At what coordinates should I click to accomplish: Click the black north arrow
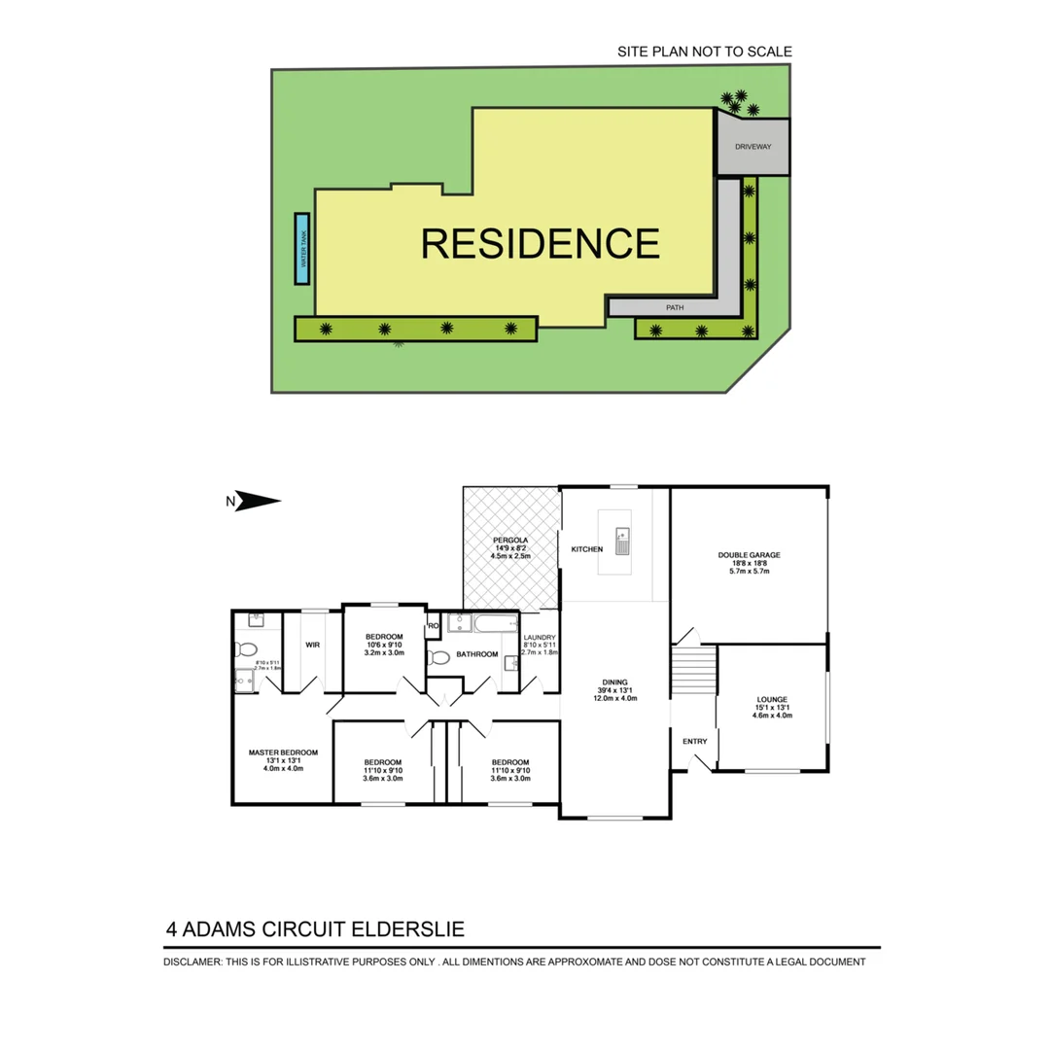coord(258,502)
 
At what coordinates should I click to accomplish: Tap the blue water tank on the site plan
coord(302,248)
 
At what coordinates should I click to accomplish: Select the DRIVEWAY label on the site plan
coord(752,147)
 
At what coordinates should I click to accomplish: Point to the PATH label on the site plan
coord(675,308)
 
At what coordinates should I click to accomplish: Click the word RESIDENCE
coord(540,243)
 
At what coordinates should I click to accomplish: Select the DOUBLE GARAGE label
coord(750,555)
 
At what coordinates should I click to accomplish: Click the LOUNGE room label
coord(772,699)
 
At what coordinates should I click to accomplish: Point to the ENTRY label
coord(694,742)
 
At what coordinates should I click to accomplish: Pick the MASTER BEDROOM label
coord(283,752)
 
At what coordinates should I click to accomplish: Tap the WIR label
coord(313,644)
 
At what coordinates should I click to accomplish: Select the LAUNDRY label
coord(539,637)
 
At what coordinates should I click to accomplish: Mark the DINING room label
coord(614,682)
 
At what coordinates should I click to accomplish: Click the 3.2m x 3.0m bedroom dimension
coord(384,653)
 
